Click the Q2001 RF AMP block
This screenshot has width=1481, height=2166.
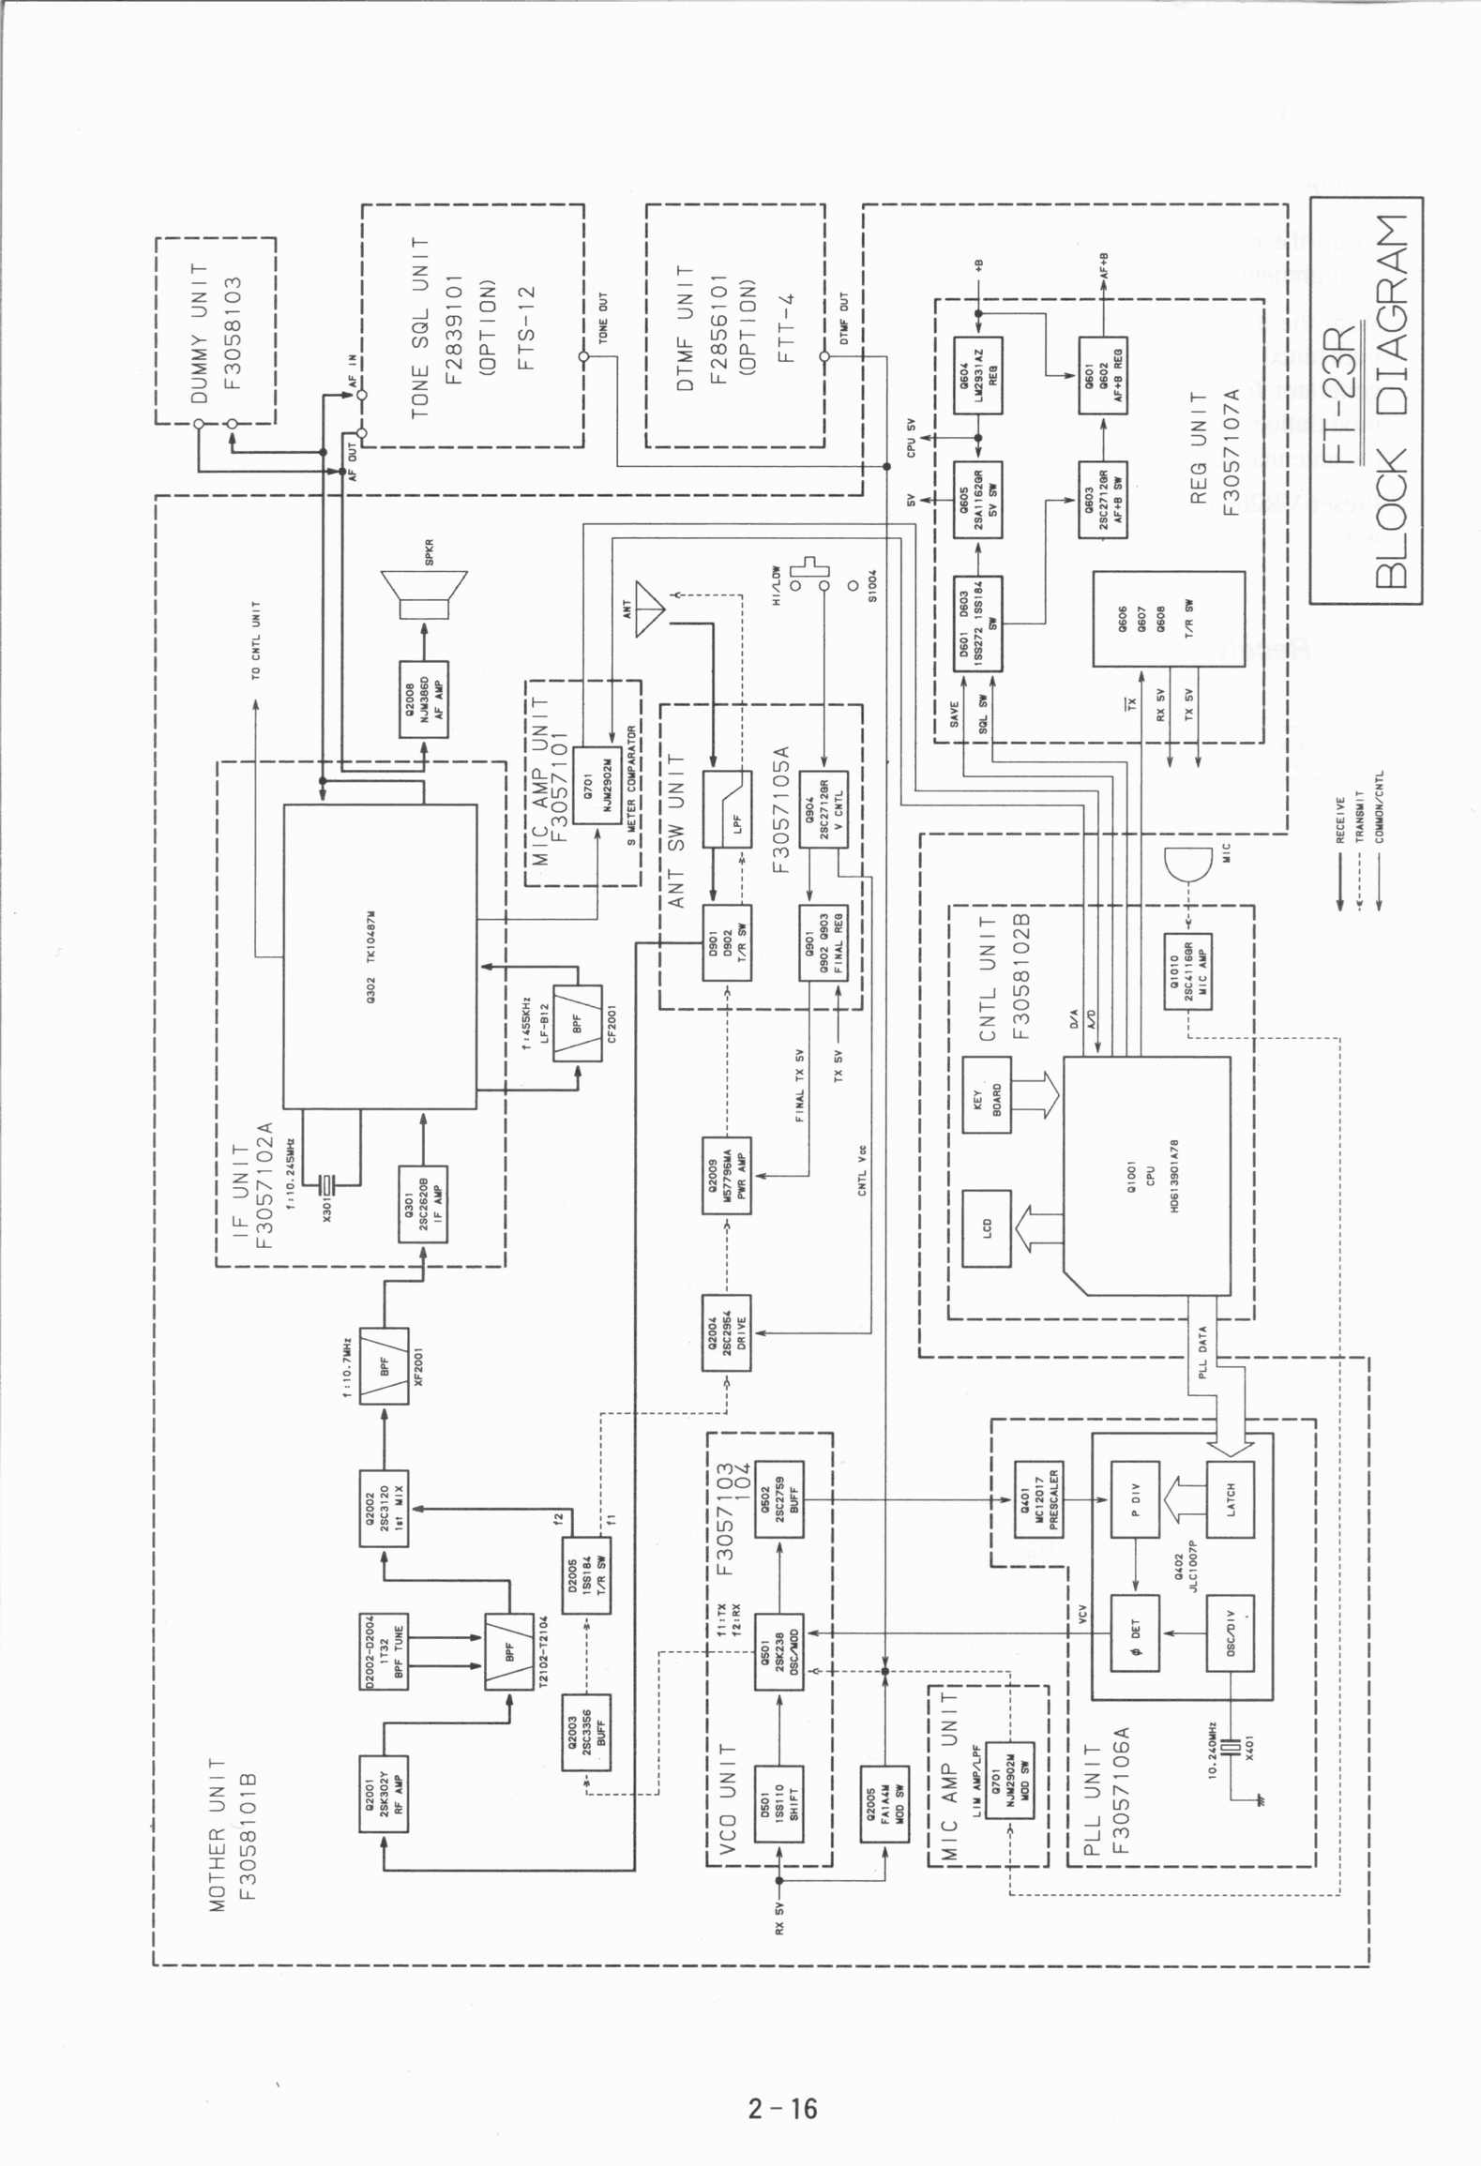point(384,1794)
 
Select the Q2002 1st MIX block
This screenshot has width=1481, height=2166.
point(384,1509)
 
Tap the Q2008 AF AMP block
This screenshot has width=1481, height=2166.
point(423,699)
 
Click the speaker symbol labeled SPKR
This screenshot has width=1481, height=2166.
point(424,594)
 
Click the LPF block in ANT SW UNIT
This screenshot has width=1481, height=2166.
point(727,809)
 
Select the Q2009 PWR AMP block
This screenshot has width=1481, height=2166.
point(727,1175)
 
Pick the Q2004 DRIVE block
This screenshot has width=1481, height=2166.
point(727,1332)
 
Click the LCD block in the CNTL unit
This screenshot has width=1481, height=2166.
point(988,1228)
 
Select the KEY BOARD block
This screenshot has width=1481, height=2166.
point(988,1094)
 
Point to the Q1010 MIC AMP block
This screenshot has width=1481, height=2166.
point(1188,970)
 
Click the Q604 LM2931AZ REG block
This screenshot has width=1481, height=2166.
point(977,375)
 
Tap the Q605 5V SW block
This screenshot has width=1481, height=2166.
point(977,500)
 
